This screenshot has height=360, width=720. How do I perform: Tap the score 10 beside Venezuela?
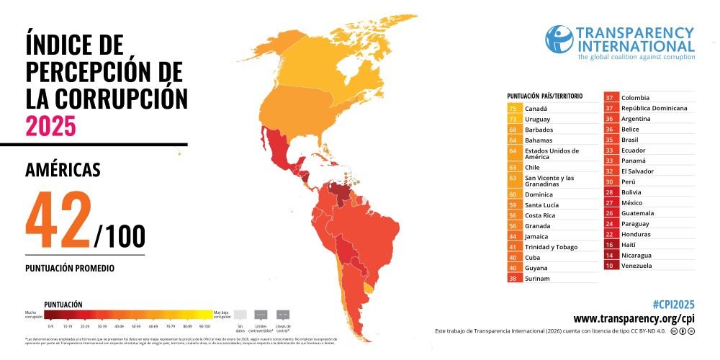[611, 266]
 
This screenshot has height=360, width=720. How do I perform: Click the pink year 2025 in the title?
[50, 125]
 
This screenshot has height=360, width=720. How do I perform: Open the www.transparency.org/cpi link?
[634, 319]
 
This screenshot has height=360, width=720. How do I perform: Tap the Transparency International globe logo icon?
[559, 40]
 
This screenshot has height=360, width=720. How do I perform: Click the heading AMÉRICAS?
[63, 170]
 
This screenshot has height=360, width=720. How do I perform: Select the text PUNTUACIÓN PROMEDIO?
[70, 268]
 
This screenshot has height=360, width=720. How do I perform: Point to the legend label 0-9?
[52, 326]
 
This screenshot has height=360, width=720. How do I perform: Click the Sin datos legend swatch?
[240, 314]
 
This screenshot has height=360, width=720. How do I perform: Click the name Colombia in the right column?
[636, 98]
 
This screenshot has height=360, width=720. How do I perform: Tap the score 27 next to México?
[611, 203]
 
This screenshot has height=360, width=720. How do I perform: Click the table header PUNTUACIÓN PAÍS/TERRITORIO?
[545, 96]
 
